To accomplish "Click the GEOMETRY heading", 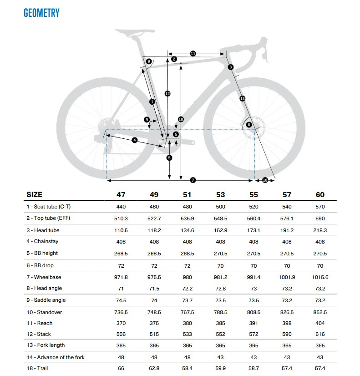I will pyautogui.click(x=41, y=13).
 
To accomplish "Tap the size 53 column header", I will pyautogui.click(x=220, y=195).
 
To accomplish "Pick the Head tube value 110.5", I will pyautogui.click(x=121, y=230).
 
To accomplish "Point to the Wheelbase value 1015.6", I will pyautogui.click(x=320, y=277).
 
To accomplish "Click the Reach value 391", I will pyautogui.click(x=254, y=323).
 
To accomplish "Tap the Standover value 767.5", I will pyautogui.click(x=187, y=312).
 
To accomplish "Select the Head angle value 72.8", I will pyautogui.click(x=220, y=288).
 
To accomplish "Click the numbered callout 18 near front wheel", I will pyautogui.click(x=265, y=180).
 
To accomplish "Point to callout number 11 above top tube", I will pyautogui.click(x=193, y=54).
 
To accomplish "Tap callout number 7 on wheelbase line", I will pyautogui.click(x=193, y=180).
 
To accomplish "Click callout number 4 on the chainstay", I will pyautogui.click(x=135, y=140).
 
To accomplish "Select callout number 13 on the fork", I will pyautogui.click(x=242, y=98).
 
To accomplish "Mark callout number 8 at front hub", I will pyautogui.click(x=248, y=125).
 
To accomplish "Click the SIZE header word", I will pyautogui.click(x=35, y=195).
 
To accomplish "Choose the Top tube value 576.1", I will pyautogui.click(x=287, y=218).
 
